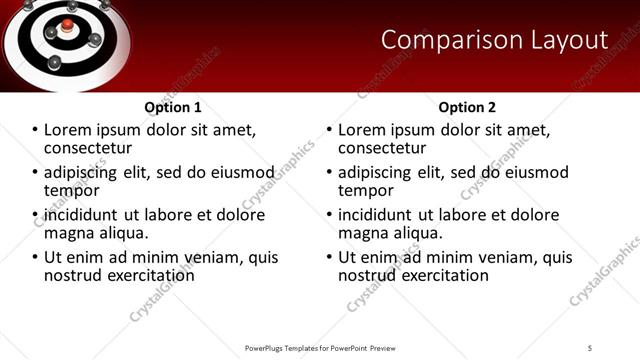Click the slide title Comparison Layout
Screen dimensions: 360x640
[x=494, y=40]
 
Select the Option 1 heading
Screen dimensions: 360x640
[x=173, y=107]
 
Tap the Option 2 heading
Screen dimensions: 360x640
[x=467, y=107]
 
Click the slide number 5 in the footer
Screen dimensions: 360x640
[x=590, y=347]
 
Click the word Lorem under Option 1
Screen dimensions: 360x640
[x=69, y=130]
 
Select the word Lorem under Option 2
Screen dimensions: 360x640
[x=363, y=130]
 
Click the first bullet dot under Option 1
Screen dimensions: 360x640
[x=35, y=131]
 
